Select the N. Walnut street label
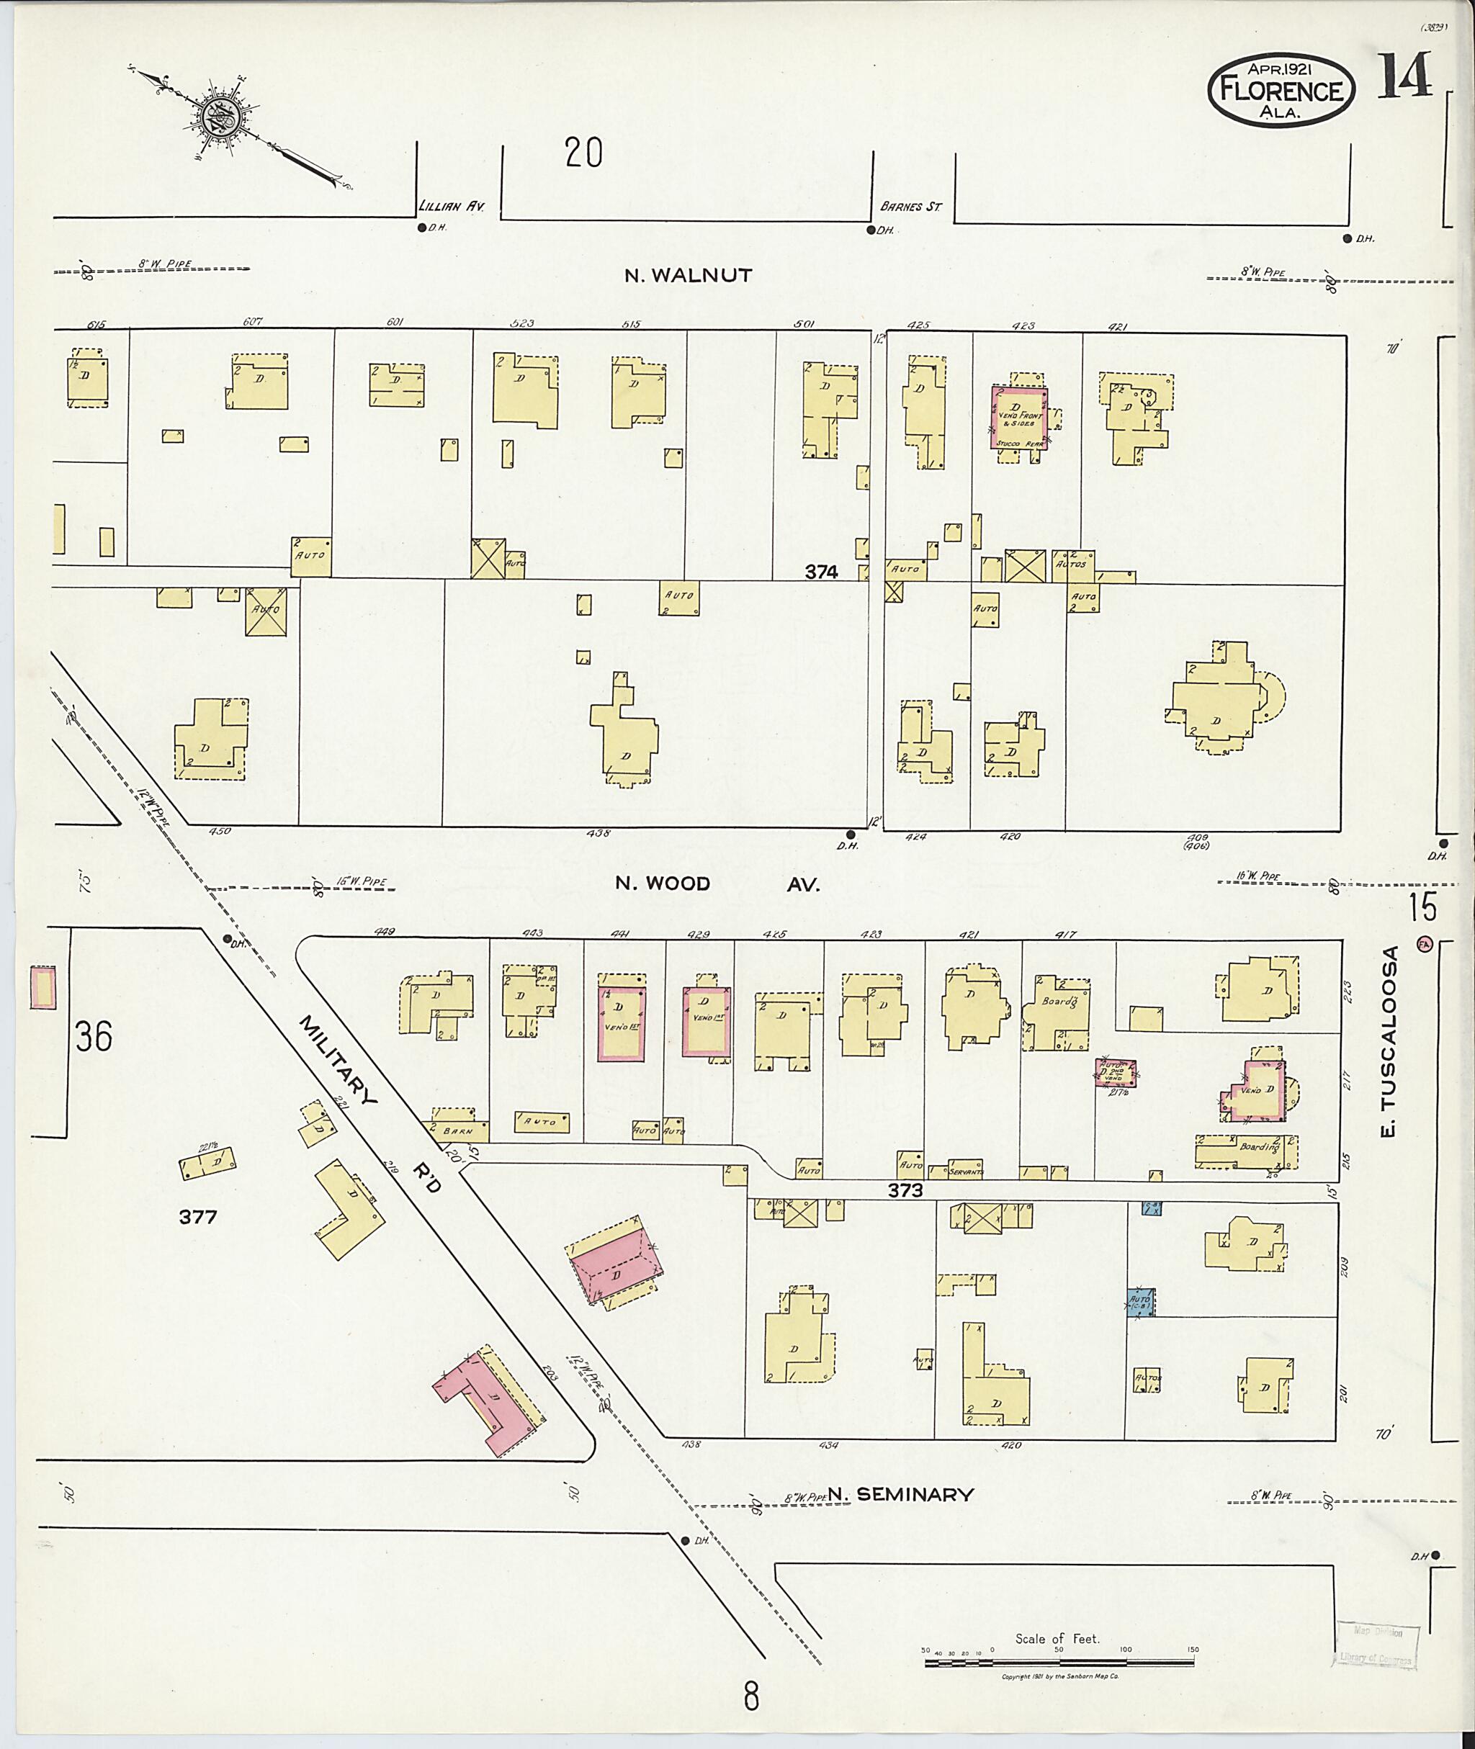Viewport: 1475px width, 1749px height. click(689, 275)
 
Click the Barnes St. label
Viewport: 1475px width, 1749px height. click(910, 206)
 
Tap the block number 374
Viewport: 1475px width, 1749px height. click(821, 572)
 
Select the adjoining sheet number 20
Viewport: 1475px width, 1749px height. click(583, 153)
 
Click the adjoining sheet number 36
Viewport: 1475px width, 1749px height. click(94, 1038)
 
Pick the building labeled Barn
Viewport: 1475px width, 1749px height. click(459, 1128)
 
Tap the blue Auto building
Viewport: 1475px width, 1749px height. click(1142, 1303)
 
